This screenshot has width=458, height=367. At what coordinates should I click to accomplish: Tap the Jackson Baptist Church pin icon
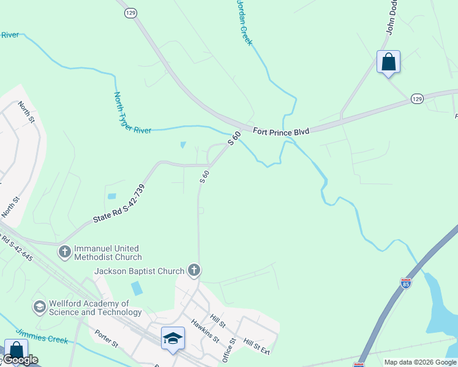click(x=193, y=270)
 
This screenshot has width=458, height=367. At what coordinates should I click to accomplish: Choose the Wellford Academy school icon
click(x=40, y=306)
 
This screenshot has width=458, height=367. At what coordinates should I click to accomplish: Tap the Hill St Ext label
click(x=257, y=346)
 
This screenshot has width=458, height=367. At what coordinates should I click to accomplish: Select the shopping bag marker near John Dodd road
click(x=388, y=62)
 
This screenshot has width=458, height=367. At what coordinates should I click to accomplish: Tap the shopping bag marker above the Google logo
click(x=15, y=350)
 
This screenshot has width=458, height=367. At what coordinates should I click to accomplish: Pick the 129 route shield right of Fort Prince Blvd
click(x=417, y=98)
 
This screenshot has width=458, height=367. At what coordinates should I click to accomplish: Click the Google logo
click(x=20, y=360)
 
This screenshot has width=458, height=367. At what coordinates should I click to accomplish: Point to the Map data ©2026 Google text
click(x=420, y=362)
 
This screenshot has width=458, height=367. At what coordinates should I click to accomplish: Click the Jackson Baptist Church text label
click(x=139, y=271)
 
